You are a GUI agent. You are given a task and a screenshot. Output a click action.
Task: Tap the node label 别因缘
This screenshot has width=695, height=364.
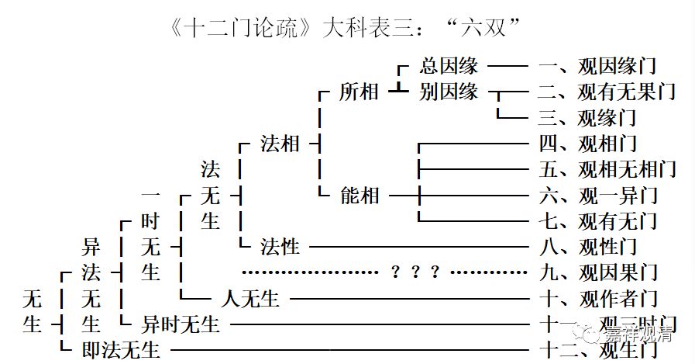click(x=449, y=92)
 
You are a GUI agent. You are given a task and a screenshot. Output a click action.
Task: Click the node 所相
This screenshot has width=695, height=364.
click(x=359, y=92)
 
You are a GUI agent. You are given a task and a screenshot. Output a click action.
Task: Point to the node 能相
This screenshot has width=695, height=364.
click(x=360, y=195)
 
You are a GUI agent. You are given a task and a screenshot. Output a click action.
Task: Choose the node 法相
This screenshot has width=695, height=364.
click(x=280, y=144)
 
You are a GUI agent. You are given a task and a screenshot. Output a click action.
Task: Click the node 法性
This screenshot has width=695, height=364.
click(x=280, y=247)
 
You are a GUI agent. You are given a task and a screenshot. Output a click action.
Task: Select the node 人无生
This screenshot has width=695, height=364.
click(x=249, y=297)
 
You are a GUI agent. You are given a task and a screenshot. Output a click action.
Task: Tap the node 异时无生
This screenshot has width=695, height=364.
click(x=181, y=324)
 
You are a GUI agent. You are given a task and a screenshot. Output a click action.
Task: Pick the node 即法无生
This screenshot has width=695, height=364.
click(x=121, y=349)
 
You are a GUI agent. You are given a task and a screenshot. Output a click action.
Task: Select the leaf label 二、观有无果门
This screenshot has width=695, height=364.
click(x=607, y=92)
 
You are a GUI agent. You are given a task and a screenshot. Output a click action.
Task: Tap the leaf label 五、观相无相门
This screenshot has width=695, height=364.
click(x=607, y=168)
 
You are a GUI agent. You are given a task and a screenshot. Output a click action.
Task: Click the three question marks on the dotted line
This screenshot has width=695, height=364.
click(x=415, y=272)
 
